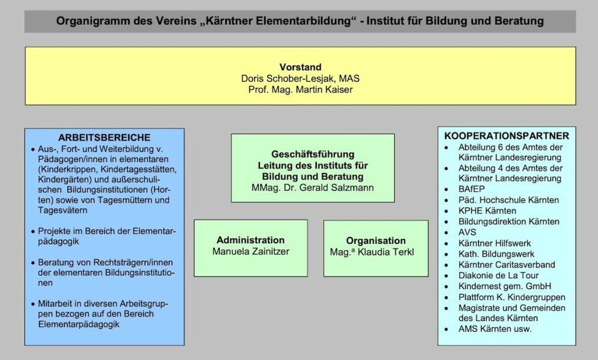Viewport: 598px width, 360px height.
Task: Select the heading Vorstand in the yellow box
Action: coord(301,67)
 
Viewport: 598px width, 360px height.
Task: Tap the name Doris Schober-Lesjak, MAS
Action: coord(301,78)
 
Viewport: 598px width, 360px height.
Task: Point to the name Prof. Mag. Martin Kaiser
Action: coord(301,89)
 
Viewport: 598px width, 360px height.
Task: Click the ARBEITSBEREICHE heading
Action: coord(104,137)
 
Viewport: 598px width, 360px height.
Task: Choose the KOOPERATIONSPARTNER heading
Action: coord(506,136)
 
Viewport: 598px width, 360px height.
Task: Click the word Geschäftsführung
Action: coord(313,154)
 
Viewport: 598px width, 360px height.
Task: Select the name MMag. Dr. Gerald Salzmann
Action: coord(313,188)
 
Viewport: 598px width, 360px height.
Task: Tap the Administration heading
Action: coord(251,240)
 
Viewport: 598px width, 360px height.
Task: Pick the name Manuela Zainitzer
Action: coord(251,251)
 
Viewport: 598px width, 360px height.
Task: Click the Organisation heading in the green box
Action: coord(376,240)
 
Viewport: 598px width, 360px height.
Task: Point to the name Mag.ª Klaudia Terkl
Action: coord(372,252)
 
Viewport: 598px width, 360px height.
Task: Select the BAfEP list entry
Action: coord(471,189)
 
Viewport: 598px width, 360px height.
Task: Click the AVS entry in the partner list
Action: coord(467,232)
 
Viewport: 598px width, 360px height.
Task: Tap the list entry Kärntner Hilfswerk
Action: coord(494,243)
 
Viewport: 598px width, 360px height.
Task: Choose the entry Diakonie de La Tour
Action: coord(499,275)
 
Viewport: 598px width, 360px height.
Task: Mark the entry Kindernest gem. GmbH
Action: coord(505,286)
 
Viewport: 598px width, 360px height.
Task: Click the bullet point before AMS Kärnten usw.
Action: coord(446,329)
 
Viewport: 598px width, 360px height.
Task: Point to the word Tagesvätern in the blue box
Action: coord(63,210)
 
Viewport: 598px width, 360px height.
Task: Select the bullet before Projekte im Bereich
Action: coord(33,232)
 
